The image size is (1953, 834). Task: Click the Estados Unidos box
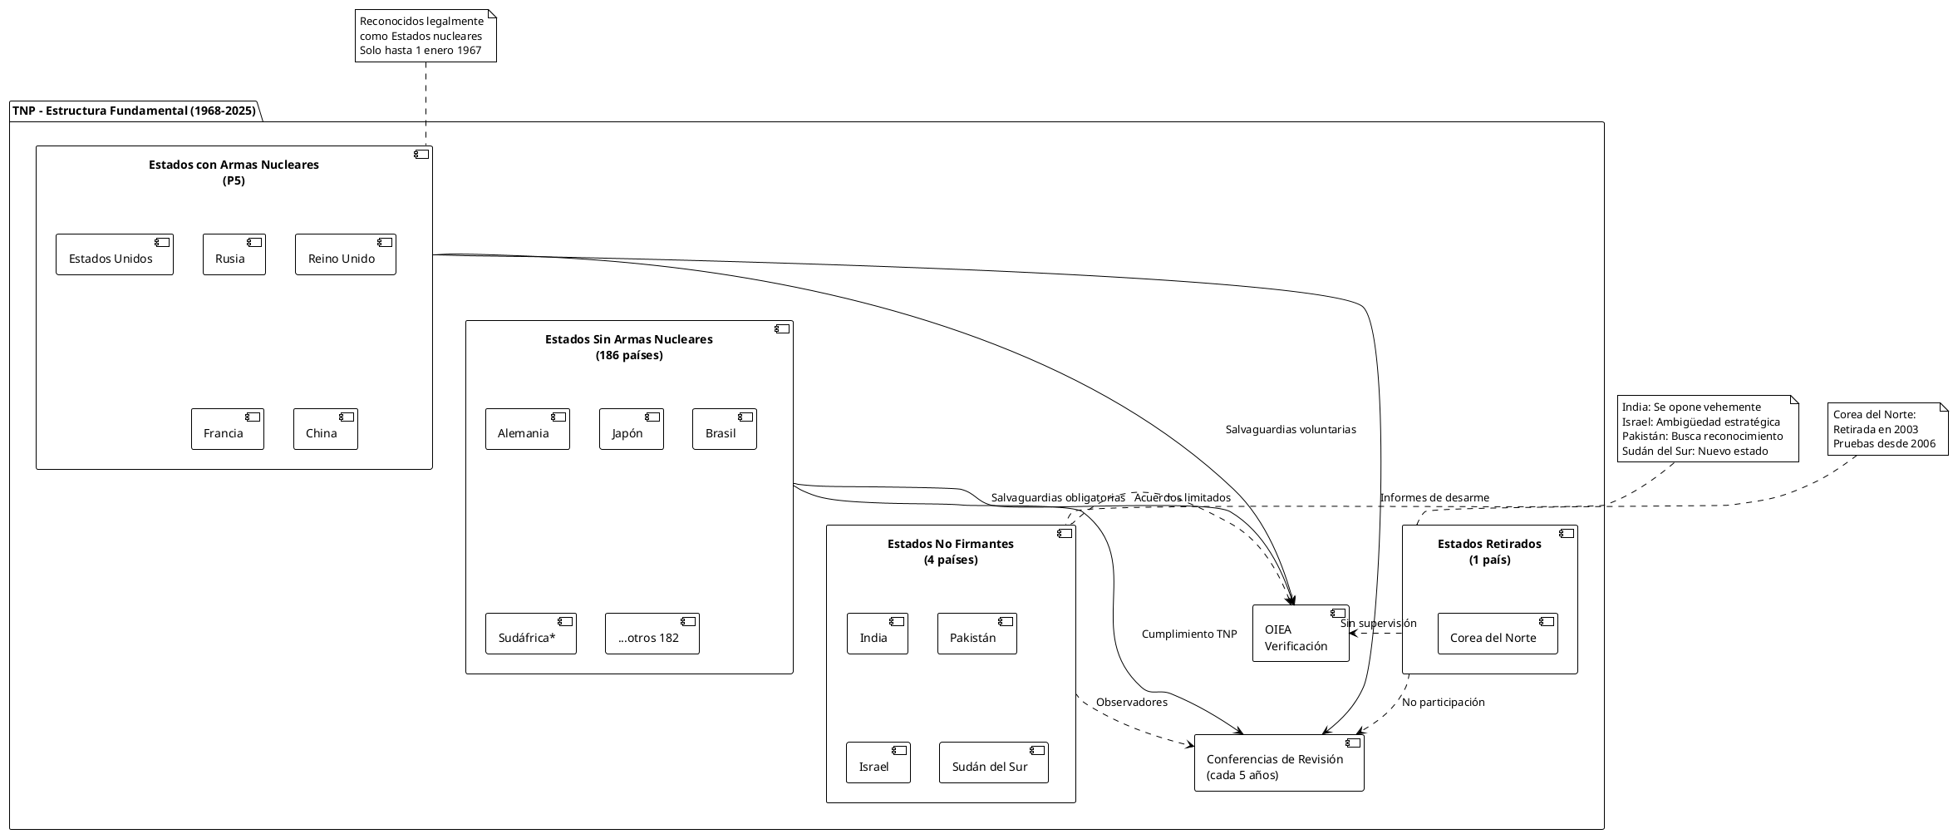115,254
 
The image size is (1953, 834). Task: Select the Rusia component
234,254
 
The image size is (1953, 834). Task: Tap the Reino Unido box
346,254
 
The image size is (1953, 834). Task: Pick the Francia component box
228,429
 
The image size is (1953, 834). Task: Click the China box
326,429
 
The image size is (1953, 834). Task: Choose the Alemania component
528,429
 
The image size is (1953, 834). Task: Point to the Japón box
632,429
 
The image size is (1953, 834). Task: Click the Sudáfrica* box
531,634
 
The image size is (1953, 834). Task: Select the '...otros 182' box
652,634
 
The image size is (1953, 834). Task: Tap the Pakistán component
977,634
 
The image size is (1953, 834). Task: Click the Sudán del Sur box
994,762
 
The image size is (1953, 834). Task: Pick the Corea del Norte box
1498,634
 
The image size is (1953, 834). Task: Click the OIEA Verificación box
1301,634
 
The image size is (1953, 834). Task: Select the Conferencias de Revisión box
1279,762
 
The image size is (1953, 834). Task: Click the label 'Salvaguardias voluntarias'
1291,430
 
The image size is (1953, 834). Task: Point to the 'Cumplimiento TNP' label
1189,634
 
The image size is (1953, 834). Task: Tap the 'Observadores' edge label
1132,703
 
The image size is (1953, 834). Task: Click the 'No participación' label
1444,703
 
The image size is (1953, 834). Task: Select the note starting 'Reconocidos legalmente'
426,36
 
